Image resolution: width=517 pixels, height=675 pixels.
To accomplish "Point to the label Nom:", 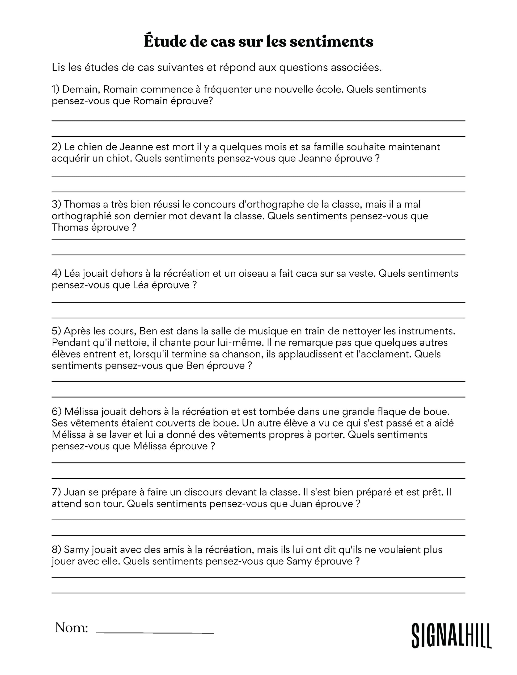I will pyautogui.click(x=72, y=628).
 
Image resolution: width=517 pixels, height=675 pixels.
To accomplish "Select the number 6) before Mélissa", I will pyautogui.click(x=57, y=412).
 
